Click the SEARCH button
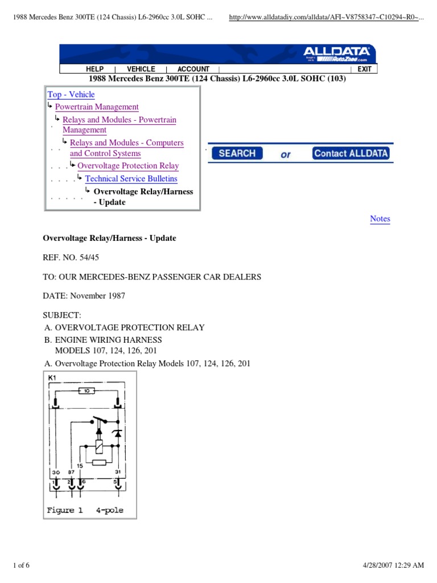[x=237, y=153]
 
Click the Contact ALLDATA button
[x=351, y=153]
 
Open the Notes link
[x=380, y=219]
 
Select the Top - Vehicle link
[x=71, y=95]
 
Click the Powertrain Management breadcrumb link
[x=97, y=106]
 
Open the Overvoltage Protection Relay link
[x=128, y=166]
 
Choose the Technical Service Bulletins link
[x=131, y=178]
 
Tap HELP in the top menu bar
[x=94, y=69]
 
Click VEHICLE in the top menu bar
[x=141, y=69]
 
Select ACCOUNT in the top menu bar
[x=193, y=69]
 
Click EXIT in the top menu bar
[x=364, y=69]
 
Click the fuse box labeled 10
[x=86, y=391]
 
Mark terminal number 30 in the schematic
[x=56, y=473]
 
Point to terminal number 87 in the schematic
[x=71, y=473]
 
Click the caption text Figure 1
[x=65, y=510]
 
